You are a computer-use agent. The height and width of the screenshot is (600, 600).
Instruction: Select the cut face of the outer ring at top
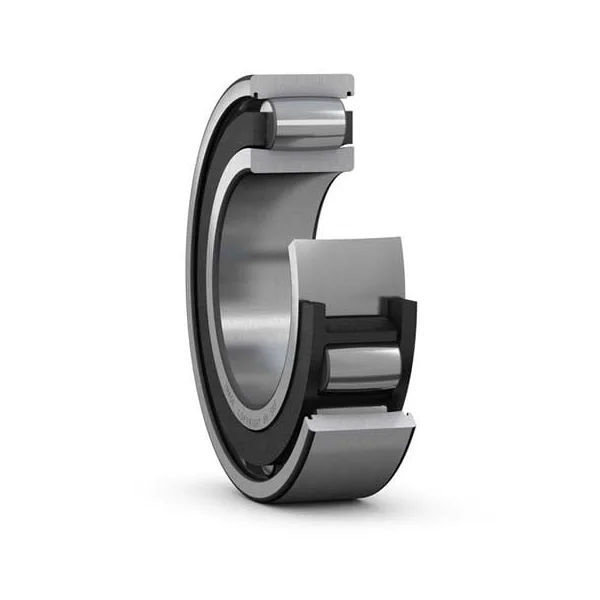pyautogui.click(x=300, y=85)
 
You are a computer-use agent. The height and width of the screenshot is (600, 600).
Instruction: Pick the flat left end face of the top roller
pyautogui.click(x=271, y=124)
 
